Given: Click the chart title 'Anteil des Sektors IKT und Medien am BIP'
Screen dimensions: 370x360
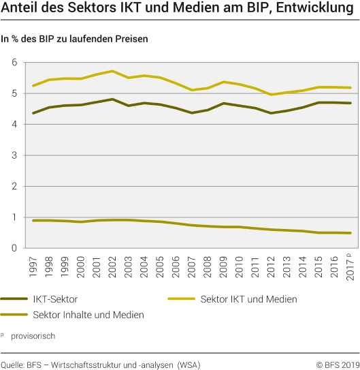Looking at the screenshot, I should click(180, 10).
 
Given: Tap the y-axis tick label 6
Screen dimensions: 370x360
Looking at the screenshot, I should click(14, 63).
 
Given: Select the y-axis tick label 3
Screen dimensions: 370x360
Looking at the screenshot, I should click(14, 155).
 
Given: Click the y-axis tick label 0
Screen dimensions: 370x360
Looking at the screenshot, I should click(14, 248).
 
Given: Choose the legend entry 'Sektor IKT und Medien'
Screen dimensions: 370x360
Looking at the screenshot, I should click(248, 299).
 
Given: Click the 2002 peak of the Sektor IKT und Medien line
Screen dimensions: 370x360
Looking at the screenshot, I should click(112, 71).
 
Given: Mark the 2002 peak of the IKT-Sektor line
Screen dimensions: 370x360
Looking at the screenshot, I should click(112, 99).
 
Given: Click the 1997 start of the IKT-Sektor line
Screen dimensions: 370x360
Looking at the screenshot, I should click(33, 113).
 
